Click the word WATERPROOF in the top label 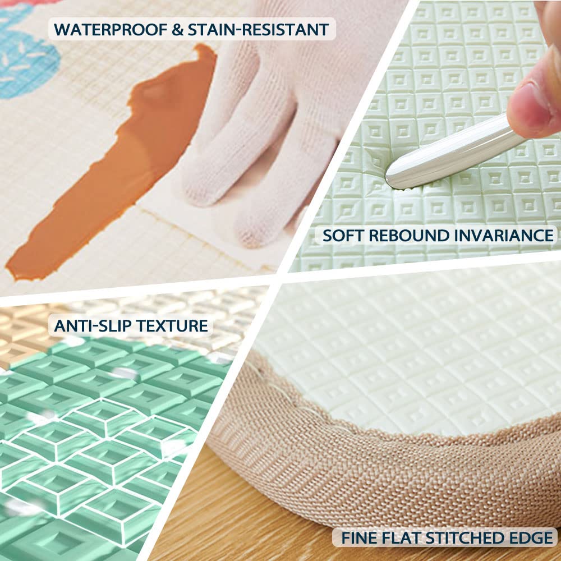pyautogui.click(x=110, y=29)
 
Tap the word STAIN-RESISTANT pyautogui.click(x=258, y=29)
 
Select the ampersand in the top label pyautogui.click(x=177, y=29)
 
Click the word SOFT pyautogui.click(x=343, y=236)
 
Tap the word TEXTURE pyautogui.click(x=172, y=326)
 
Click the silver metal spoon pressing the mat pyautogui.click(x=451, y=154)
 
